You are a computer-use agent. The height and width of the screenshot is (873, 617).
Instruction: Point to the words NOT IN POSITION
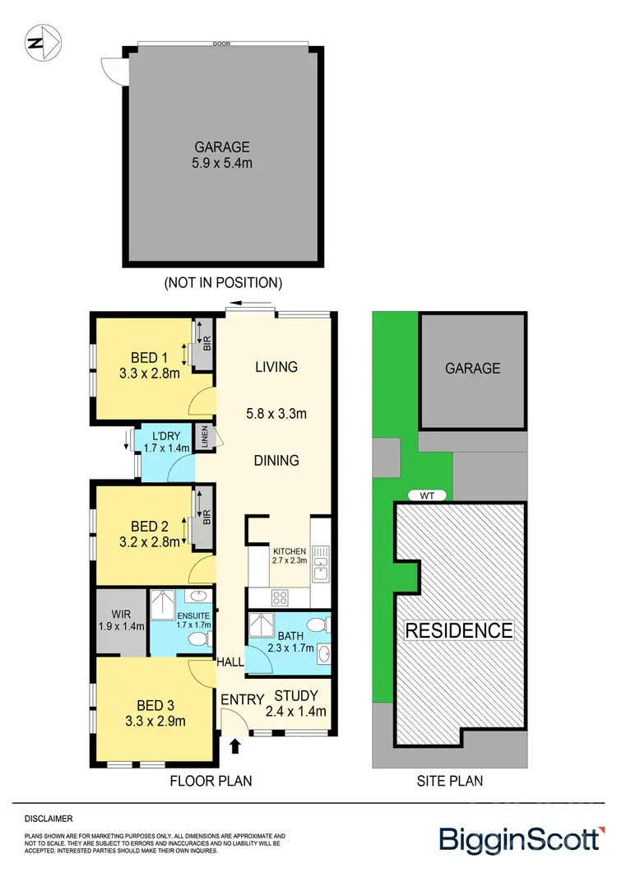click(223, 282)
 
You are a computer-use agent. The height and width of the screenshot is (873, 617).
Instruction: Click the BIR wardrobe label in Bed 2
click(206, 518)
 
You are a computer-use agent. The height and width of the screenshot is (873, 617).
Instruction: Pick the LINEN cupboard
click(206, 435)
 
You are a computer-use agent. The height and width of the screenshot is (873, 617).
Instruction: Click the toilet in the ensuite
click(197, 638)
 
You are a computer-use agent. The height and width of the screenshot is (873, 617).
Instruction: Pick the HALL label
click(230, 662)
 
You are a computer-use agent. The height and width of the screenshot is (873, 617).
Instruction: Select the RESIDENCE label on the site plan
click(458, 631)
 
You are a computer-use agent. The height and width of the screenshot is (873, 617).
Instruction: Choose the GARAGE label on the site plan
click(472, 368)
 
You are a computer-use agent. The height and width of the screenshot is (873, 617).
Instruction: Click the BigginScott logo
click(520, 839)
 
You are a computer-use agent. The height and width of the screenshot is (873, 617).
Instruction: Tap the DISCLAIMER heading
click(48, 819)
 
